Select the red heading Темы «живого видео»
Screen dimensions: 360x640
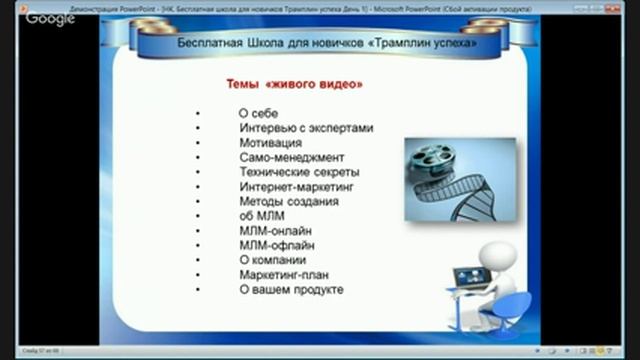tap(290, 85)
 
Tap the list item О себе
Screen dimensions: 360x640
tap(259, 113)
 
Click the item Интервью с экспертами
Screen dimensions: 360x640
tap(306, 128)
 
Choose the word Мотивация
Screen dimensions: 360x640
tap(270, 143)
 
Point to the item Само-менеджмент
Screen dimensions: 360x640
tap(291, 157)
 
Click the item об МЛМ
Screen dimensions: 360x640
tap(262, 215)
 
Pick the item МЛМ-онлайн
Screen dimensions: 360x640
tap(275, 230)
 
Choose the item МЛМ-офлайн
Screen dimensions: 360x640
tap(276, 244)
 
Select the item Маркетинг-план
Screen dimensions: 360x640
tap(284, 273)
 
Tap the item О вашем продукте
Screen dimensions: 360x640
tap(291, 288)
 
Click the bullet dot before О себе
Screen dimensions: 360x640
tap(199, 114)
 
